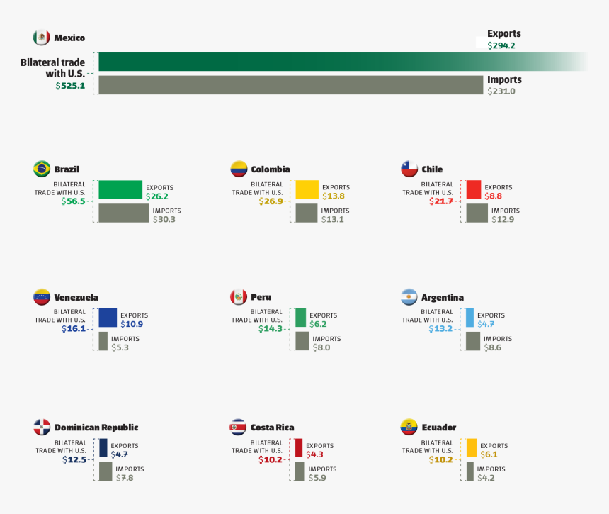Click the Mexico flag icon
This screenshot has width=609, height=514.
pyautogui.click(x=41, y=38)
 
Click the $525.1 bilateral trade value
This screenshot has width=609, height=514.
pyautogui.click(x=70, y=86)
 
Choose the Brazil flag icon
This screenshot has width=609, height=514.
pyautogui.click(x=42, y=169)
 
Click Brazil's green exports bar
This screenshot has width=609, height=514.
pyautogui.click(x=120, y=189)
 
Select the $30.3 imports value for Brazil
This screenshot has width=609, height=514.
pyautogui.click(x=164, y=220)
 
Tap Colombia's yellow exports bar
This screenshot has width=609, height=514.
pyautogui.click(x=307, y=189)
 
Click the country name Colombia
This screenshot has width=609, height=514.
pyautogui.click(x=270, y=169)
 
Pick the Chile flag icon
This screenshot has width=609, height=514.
pyautogui.click(x=409, y=169)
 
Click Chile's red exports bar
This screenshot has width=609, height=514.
pyautogui.click(x=474, y=189)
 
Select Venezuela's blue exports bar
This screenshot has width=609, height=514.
pyautogui.click(x=108, y=317)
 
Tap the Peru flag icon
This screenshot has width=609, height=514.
pyautogui.click(x=238, y=296)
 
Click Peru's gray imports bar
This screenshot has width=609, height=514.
pyautogui.click(x=302, y=341)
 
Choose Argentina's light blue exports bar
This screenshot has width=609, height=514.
pyautogui.click(x=469, y=317)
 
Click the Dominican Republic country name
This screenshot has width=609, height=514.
pyautogui.click(x=96, y=428)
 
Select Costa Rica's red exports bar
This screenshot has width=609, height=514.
pyautogui.click(x=299, y=447)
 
